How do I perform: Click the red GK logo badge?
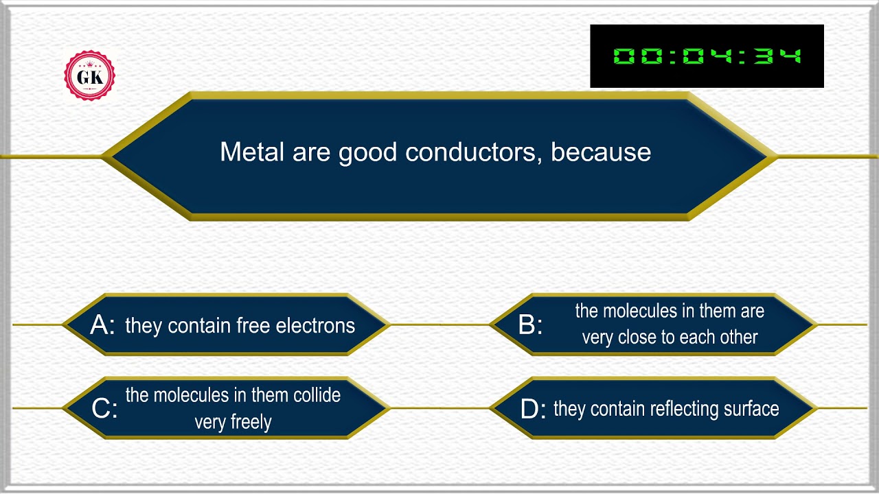point(89,76)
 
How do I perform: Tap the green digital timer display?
point(707,56)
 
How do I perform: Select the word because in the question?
point(601,152)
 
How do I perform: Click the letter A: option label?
point(102,325)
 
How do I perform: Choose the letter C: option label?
point(104,409)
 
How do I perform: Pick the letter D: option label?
point(533,410)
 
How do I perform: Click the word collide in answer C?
point(317,395)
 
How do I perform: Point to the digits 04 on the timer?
point(707,56)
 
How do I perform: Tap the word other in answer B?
point(738,338)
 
